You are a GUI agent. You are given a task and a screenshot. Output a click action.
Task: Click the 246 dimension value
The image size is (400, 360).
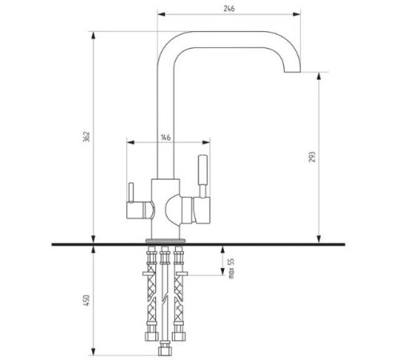tap(229, 9)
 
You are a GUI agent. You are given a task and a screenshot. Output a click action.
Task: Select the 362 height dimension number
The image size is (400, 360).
tap(86, 137)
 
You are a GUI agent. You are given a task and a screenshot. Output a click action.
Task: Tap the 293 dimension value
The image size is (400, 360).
tap(312, 157)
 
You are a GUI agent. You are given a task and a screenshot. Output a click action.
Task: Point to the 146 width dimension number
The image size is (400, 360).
tap(166, 138)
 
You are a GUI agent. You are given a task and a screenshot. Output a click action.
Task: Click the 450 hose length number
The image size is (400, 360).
tap(86, 300)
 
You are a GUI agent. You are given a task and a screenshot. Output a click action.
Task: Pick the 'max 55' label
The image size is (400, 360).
tap(231, 268)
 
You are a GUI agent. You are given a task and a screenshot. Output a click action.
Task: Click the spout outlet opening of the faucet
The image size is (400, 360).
tap(292, 72)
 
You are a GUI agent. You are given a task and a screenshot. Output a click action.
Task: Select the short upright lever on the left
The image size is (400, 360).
tap(130, 193)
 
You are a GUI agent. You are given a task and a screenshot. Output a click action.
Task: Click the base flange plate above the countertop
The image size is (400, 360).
tap(166, 241)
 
